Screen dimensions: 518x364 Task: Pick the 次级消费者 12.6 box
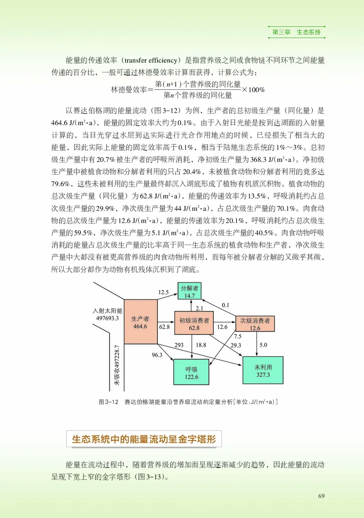point(255,323)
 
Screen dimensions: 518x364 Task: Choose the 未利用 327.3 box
point(263,371)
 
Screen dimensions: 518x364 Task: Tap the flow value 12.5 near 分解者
point(164,292)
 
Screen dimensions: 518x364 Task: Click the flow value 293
point(179,345)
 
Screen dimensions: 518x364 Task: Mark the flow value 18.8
point(201,345)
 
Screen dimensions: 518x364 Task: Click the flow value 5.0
point(263,345)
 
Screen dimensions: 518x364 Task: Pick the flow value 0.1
point(226,305)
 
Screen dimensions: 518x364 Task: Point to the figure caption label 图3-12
point(108,402)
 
